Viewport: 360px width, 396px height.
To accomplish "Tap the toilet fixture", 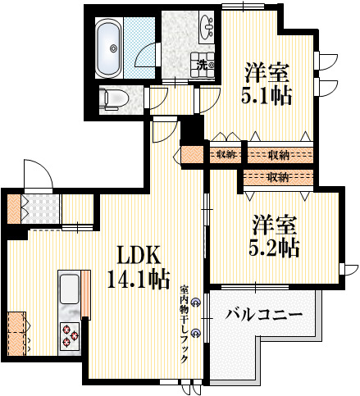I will pyautogui.click(x=112, y=99).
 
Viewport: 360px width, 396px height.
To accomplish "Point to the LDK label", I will pyautogui.click(x=131, y=255).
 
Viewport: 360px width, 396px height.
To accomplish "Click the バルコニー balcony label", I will pyautogui.click(x=264, y=314).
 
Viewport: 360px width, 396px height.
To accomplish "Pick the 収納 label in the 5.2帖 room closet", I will pyautogui.click(x=277, y=177).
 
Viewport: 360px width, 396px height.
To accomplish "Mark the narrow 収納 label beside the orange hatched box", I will pyautogui.click(x=226, y=153).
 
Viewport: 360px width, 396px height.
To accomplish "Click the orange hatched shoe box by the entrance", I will pyautogui.click(x=14, y=207).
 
